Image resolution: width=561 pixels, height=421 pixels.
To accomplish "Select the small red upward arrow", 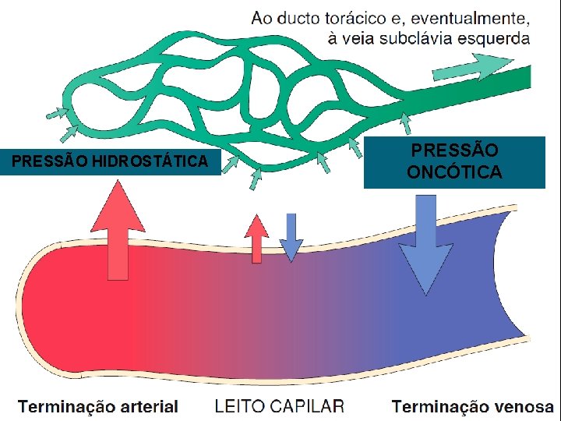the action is [x=256, y=238].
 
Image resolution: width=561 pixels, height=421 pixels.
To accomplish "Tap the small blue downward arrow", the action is [x=291, y=237].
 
